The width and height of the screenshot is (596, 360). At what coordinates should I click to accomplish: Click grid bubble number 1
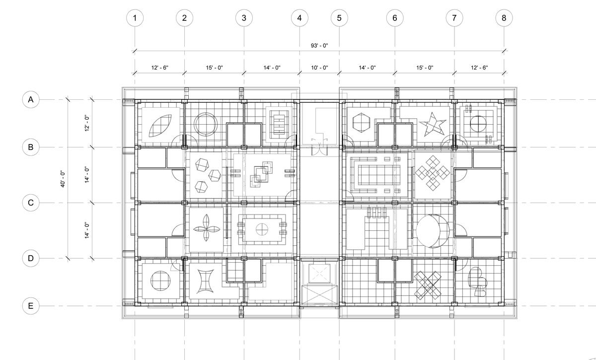[x=135, y=18]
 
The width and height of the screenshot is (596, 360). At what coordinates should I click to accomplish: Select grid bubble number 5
[x=339, y=18]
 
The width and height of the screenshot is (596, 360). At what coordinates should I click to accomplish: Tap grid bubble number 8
[x=504, y=18]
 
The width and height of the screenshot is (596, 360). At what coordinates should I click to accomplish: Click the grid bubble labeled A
[x=31, y=99]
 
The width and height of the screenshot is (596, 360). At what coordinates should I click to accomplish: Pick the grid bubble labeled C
[x=31, y=203]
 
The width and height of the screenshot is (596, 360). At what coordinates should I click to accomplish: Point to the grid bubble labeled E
[x=31, y=306]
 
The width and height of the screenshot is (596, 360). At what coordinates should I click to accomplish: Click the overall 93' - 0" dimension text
[x=319, y=46]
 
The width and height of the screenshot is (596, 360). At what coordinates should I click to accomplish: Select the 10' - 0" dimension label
[x=319, y=68]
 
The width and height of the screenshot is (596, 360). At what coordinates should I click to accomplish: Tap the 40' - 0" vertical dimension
[x=63, y=179]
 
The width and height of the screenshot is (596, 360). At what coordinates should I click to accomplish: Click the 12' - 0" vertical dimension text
[x=87, y=123]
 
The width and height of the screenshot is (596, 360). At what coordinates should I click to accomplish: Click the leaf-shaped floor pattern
[x=160, y=126]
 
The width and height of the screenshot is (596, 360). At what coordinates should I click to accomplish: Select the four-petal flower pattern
[x=207, y=228]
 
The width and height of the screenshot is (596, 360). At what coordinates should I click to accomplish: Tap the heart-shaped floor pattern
[x=478, y=282]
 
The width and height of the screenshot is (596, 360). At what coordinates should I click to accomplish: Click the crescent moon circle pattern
[x=433, y=231]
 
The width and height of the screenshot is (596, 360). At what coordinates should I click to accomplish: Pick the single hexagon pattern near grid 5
[x=361, y=123]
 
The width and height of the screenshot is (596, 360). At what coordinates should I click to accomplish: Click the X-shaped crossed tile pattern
[x=428, y=285]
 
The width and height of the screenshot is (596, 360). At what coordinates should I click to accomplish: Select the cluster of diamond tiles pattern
[x=433, y=173]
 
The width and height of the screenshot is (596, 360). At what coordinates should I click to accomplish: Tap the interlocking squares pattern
[x=261, y=174]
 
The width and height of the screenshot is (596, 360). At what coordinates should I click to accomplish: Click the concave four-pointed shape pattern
[x=205, y=282]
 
